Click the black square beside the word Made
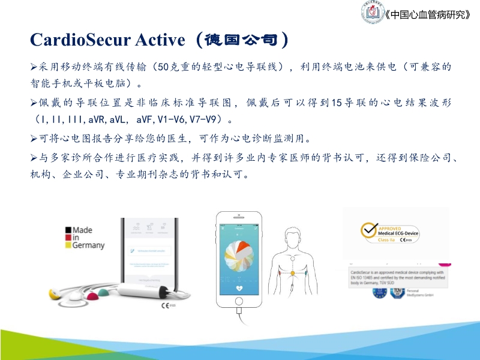point(69,230)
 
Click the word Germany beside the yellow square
point(89,245)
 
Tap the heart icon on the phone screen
point(239,287)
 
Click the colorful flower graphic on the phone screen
point(239,256)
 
